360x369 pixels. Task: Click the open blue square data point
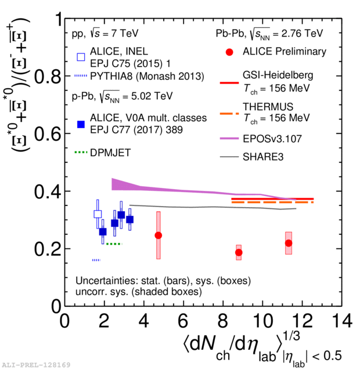(x=98, y=214)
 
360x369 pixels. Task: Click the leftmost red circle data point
(x=158, y=235)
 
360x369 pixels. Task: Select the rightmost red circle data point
(x=289, y=243)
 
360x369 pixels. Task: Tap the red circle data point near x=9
(x=239, y=252)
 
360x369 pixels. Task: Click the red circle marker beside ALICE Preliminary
(x=229, y=52)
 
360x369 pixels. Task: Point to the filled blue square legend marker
(x=81, y=123)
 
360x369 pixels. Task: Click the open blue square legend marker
(x=81, y=57)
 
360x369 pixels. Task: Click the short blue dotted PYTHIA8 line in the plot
(x=96, y=260)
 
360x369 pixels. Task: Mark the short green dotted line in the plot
(x=113, y=244)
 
